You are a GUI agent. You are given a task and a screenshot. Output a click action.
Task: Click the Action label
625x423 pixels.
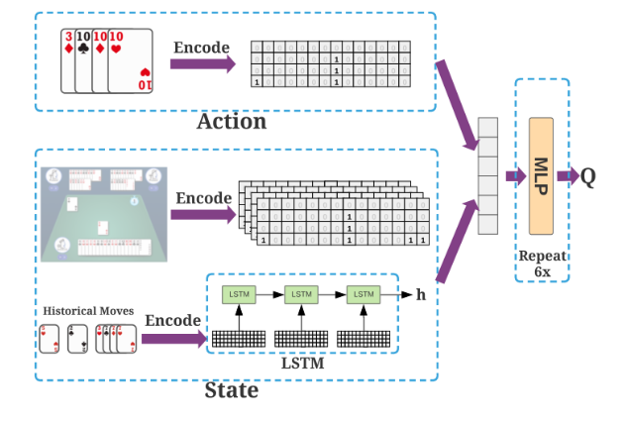232,122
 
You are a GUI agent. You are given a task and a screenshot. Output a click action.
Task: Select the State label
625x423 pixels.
231,389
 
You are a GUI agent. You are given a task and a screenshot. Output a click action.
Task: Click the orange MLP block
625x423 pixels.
541,175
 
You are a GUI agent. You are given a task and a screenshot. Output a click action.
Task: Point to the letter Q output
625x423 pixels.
588,176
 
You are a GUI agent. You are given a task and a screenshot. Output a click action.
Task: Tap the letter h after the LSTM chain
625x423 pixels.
420,294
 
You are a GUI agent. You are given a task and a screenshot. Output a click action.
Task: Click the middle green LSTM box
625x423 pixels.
300,294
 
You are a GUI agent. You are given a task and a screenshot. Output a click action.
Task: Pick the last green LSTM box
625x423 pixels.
364,294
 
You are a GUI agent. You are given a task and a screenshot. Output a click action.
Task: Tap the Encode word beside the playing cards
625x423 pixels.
202,47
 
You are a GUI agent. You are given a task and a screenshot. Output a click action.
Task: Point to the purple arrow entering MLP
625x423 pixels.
515,176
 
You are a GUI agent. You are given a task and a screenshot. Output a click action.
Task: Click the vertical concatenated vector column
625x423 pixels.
486,175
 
